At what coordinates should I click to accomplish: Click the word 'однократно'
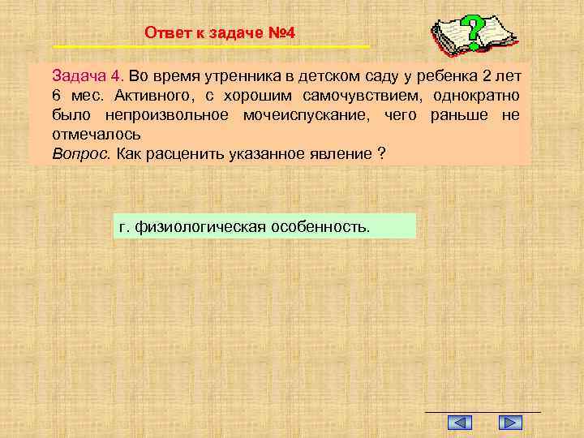474,96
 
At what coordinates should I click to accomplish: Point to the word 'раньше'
457,115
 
